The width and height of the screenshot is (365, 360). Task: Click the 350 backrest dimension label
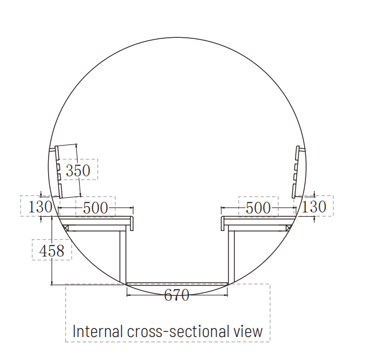click(78, 170)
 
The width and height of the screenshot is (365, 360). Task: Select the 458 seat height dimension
click(52, 251)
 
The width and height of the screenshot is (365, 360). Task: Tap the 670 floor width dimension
click(176, 295)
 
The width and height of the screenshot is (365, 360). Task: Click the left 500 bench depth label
click(96, 208)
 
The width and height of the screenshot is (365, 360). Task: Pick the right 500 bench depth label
click(258, 208)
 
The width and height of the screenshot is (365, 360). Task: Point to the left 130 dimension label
click(40, 206)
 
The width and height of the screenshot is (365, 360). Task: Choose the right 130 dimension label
click(314, 206)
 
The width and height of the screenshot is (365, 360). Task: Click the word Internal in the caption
click(97, 331)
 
